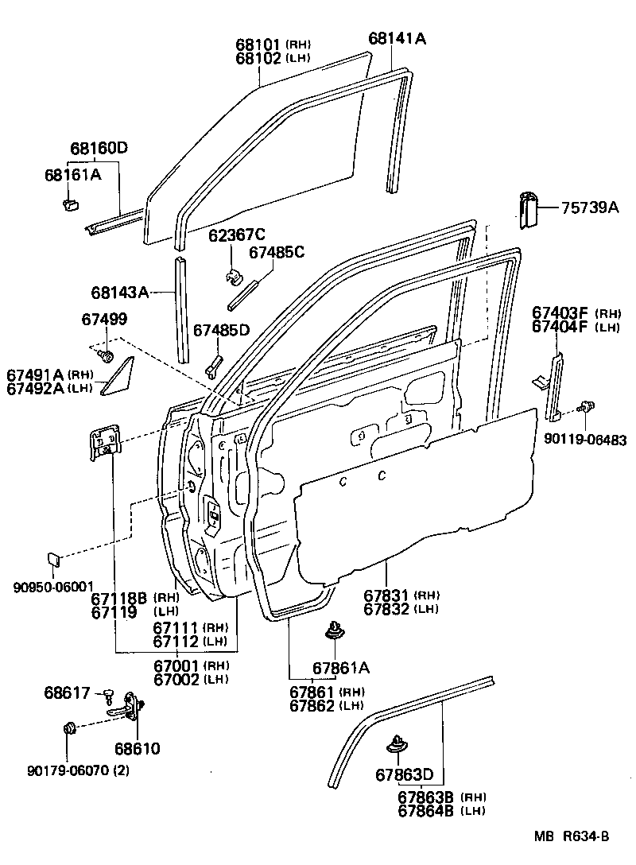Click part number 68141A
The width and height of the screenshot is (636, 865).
(x=397, y=38)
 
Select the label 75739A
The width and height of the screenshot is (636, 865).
(x=590, y=208)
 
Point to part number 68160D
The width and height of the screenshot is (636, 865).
(x=99, y=149)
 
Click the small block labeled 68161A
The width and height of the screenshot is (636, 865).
(x=68, y=205)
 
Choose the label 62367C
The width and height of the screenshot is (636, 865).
(x=237, y=235)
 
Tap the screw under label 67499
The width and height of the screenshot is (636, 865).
(x=107, y=354)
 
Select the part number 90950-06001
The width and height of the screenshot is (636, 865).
(x=53, y=587)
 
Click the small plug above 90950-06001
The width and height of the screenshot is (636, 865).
(x=52, y=559)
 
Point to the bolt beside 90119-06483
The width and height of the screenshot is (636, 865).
(x=586, y=407)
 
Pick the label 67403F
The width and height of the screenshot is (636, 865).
(x=560, y=313)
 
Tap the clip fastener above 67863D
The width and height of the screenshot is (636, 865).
(x=396, y=745)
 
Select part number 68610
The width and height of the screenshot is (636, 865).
(x=137, y=748)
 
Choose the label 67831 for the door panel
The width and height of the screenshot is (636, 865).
(x=386, y=595)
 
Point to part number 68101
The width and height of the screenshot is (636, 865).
(x=259, y=45)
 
